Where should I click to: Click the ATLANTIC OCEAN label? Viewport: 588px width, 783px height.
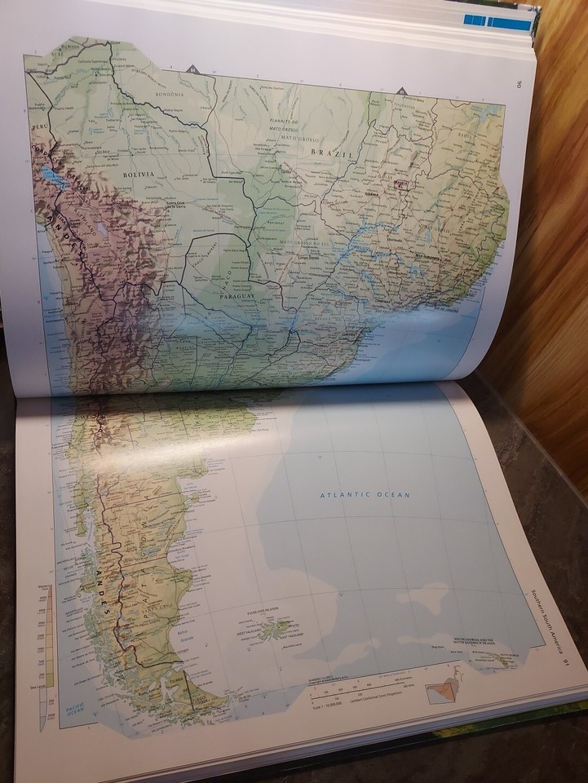(365, 494)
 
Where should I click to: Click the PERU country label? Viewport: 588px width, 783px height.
(40, 128)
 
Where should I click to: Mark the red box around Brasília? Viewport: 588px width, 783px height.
(400, 185)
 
